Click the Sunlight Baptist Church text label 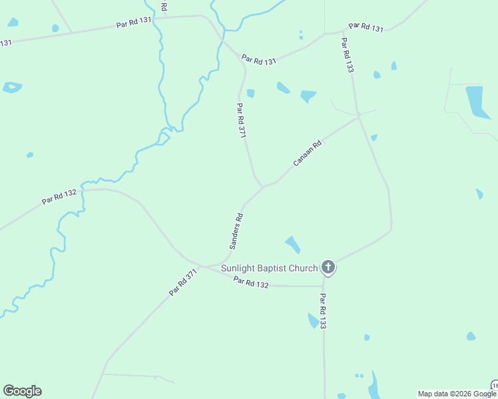point(269,269)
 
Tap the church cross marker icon point(328,267)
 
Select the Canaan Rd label point(308,152)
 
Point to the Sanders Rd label point(236,231)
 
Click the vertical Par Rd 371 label point(242,120)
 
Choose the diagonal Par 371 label point(184,282)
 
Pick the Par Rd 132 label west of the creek point(59,196)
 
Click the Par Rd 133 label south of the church point(323,311)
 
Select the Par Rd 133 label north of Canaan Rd point(346,55)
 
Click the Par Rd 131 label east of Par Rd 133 point(366,27)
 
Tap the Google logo point(22,391)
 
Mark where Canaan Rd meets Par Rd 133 point(359,116)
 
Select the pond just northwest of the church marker point(292,244)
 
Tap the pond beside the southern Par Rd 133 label point(312,321)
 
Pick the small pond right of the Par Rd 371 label point(250,93)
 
